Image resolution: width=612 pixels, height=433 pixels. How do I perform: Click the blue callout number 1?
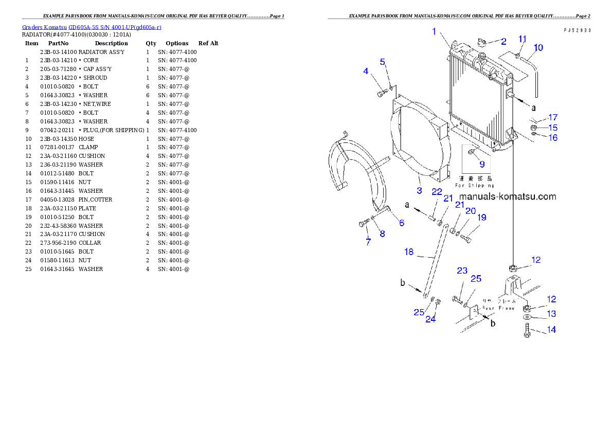434,31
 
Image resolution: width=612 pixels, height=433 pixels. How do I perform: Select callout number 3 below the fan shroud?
419,190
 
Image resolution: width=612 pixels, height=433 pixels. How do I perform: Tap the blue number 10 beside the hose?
538,48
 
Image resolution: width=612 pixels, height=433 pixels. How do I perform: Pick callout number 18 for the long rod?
409,252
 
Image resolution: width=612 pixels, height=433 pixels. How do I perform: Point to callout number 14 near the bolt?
551,330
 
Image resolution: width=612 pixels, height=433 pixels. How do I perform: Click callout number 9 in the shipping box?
482,164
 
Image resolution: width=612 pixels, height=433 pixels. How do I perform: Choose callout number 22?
437,191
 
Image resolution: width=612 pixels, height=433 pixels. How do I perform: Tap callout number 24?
430,319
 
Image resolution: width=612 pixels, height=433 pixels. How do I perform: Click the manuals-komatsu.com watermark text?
507,196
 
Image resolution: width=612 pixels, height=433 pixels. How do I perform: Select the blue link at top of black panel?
92,27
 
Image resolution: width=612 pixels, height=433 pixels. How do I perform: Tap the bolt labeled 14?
526,330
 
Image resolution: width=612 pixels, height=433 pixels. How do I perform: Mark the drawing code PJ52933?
577,30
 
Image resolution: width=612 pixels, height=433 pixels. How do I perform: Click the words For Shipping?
475,185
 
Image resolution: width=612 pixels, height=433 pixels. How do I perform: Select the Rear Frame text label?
498,308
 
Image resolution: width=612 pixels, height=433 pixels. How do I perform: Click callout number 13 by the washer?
551,314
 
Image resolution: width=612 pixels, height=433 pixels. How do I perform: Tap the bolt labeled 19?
466,238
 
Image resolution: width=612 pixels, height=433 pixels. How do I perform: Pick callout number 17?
552,117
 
